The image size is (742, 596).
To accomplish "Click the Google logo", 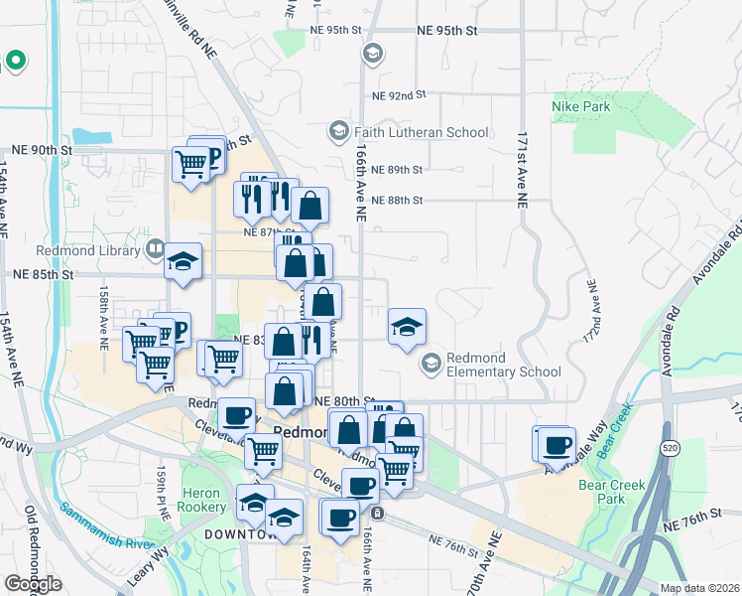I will pyautogui.click(x=33, y=584).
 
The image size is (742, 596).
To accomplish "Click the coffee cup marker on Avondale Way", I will pyautogui.click(x=556, y=444).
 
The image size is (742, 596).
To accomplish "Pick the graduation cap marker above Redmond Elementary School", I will pyautogui.click(x=406, y=327).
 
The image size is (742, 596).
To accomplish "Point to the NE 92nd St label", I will pyautogui.click(x=399, y=95).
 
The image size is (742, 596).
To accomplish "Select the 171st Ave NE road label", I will pyautogui.click(x=522, y=168).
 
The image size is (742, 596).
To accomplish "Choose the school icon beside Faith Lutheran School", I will pyautogui.click(x=338, y=131).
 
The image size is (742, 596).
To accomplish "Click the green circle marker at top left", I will pyautogui.click(x=15, y=61).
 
